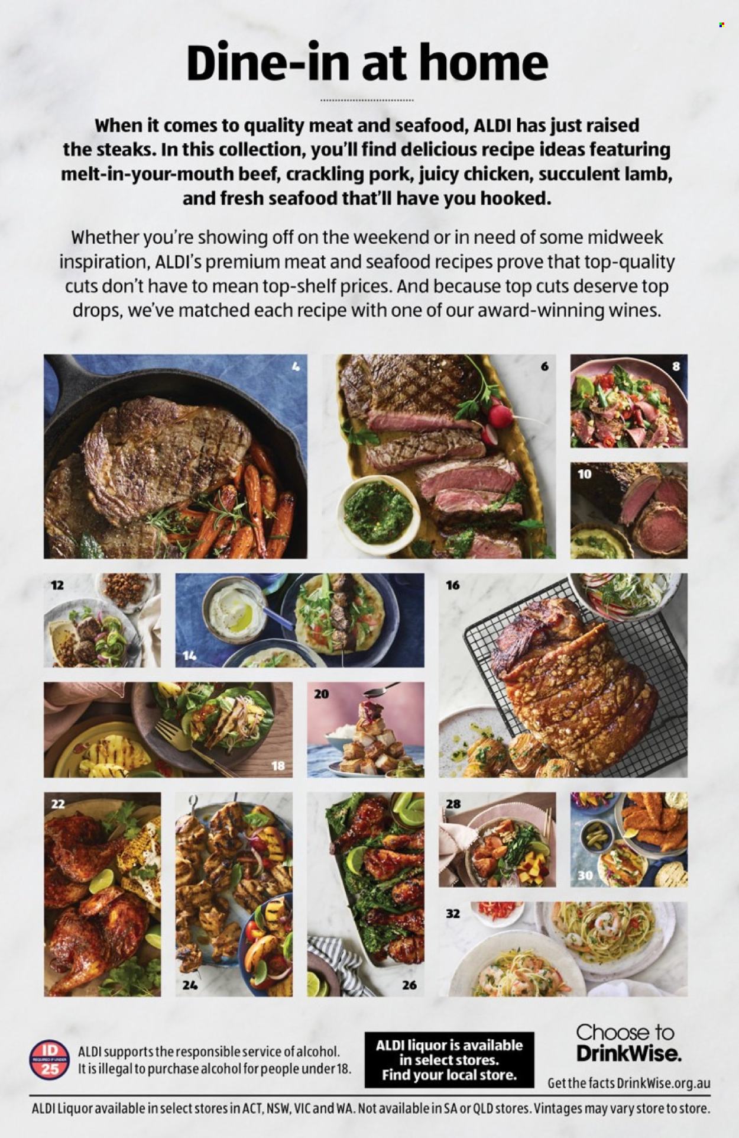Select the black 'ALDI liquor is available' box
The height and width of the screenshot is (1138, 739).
tap(449, 1059)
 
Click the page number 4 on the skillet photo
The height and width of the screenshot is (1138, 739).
tap(296, 367)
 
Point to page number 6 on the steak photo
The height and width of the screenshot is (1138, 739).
tap(544, 367)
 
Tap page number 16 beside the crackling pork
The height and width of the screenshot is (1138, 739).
tap(453, 585)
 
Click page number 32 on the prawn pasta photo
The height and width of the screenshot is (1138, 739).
tap(453, 914)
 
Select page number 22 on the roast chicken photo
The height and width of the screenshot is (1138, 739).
tap(58, 804)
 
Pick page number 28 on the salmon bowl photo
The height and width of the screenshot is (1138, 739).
tap(453, 804)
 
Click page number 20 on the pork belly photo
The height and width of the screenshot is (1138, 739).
tap(321, 694)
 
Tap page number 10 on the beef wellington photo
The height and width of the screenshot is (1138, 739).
tap(584, 474)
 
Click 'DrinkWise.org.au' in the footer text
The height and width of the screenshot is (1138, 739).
tap(663, 1084)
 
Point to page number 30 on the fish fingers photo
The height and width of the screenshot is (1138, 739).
tap(585, 875)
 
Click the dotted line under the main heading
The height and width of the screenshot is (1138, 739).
tap(367, 101)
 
